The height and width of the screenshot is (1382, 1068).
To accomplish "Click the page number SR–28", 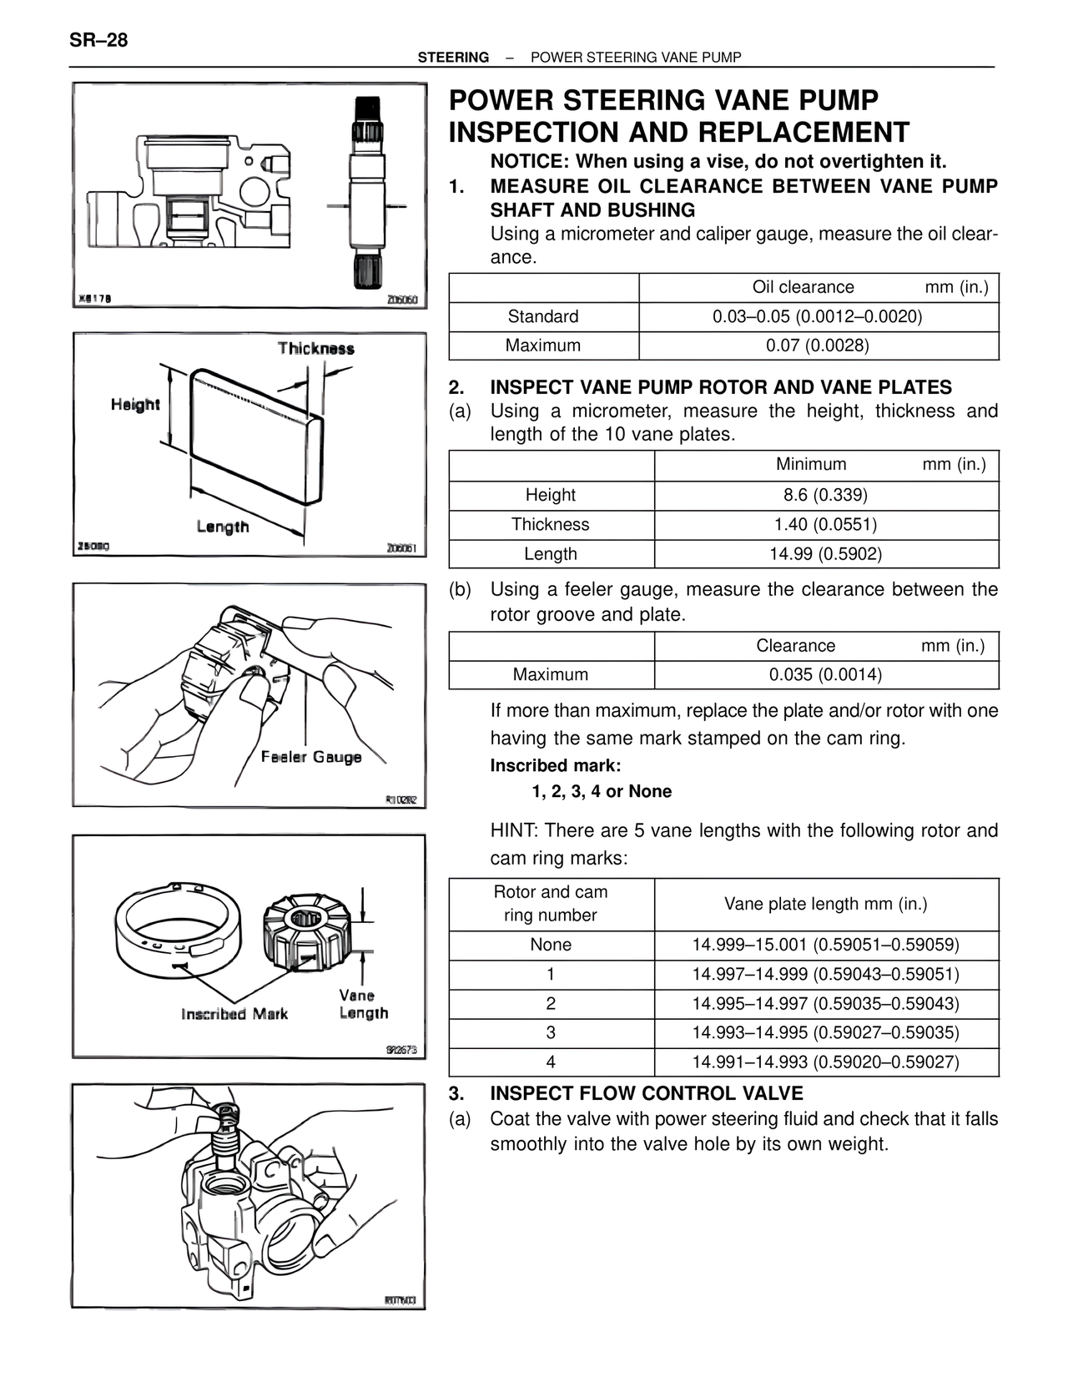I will pos(98,40).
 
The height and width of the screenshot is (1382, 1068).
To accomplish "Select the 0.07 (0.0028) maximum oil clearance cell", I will pos(818,345).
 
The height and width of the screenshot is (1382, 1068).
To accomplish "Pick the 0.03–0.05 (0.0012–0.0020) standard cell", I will pos(818,316).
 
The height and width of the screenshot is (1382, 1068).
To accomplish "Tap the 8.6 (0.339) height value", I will pos(825,495).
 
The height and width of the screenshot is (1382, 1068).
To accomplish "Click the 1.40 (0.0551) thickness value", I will pos(825,524).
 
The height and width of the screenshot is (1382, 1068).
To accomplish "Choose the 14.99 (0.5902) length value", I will pos(825,553).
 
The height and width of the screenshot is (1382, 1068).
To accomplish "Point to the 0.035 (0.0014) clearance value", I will pos(825,674).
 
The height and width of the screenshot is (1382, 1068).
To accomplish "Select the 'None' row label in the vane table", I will pos(551,945).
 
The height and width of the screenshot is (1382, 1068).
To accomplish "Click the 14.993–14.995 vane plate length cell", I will pos(825,1032).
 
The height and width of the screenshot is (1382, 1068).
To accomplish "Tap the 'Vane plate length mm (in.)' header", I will pos(825,904).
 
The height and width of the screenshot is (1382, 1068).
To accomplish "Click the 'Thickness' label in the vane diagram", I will pos(315,349).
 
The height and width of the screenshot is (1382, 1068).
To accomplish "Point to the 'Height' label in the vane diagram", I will pos(135,405).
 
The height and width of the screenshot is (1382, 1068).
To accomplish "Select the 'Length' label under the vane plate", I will pos(223,527).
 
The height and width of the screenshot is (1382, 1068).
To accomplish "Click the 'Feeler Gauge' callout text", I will pos(310,757).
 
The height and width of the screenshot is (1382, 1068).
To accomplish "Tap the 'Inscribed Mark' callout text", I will pos(234,1014).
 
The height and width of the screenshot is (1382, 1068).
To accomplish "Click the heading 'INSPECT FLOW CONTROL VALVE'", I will pos(647,1093).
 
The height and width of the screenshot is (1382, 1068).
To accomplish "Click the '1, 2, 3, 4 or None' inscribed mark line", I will pos(601,791).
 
